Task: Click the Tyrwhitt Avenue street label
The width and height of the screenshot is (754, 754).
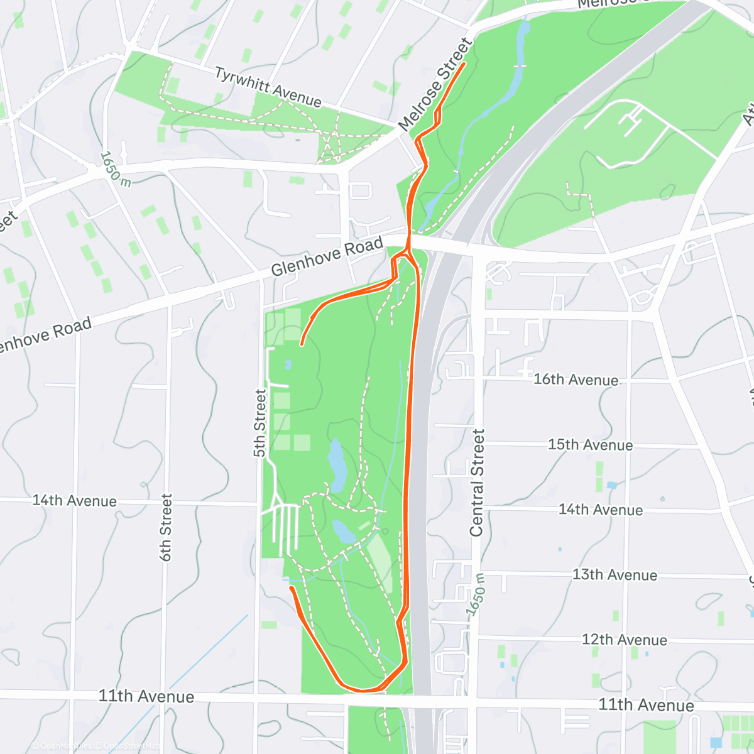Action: point(268,87)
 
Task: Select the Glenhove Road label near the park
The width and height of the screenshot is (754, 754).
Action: point(327,257)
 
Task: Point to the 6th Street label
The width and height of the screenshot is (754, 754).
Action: point(166,527)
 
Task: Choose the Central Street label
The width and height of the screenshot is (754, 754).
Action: point(478,483)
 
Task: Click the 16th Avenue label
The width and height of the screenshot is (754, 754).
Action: point(576,380)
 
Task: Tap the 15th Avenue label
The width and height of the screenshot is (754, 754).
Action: point(590,445)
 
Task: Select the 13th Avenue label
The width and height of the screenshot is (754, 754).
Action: point(615,575)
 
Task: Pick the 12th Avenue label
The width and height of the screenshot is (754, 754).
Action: point(624,640)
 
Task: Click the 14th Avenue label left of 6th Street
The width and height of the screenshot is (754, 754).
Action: point(74,501)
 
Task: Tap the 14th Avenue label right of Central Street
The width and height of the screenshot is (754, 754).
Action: point(600,510)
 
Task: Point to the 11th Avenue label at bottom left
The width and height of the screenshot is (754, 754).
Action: point(146,696)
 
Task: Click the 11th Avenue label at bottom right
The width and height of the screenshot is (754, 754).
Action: point(646,705)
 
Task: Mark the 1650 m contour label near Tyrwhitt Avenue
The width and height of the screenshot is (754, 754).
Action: point(116,168)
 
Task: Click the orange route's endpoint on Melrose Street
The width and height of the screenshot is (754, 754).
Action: point(464,63)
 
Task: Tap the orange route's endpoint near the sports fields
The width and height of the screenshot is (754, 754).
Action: point(302,344)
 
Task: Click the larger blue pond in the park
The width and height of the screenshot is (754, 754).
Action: point(336,466)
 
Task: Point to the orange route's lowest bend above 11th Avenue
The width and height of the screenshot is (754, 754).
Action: point(364,690)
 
